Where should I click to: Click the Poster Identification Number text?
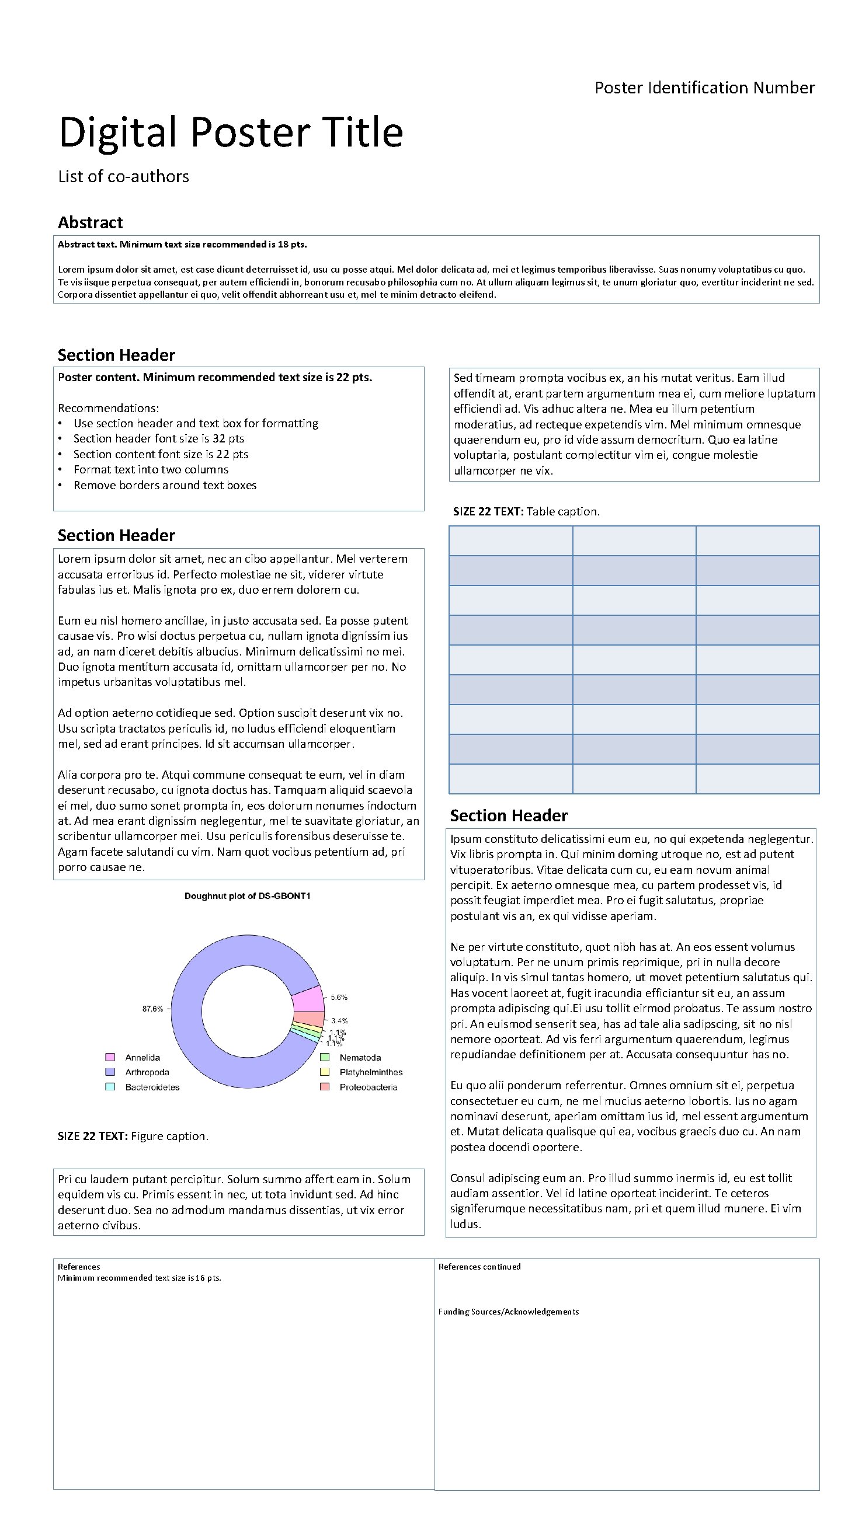coord(704,88)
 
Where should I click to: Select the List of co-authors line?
coord(123,176)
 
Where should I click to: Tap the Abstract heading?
coord(90,223)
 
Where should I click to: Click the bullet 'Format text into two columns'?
coord(151,469)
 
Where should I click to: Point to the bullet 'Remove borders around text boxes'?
coord(165,484)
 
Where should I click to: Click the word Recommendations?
coord(108,408)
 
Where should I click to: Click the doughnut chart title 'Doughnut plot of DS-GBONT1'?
coord(247,895)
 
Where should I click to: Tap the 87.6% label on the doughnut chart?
coord(152,1009)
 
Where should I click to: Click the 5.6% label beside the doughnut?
coord(339,997)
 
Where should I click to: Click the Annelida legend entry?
coord(142,1058)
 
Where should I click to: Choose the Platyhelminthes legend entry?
coord(370,1072)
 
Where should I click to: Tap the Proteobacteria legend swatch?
coord(325,1087)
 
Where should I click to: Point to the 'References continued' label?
coord(479,1267)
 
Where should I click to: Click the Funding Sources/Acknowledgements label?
coord(508,1311)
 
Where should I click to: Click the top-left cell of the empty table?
coord(510,541)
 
